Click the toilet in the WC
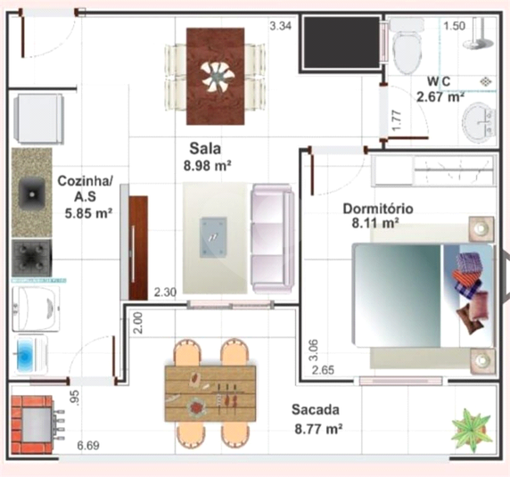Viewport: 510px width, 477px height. point(407,46)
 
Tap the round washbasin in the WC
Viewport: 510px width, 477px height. point(479,122)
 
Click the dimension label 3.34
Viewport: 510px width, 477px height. point(280,26)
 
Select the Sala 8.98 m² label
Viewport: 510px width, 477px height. point(207,157)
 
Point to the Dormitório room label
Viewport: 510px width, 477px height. point(378,209)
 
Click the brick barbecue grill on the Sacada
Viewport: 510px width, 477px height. point(32,424)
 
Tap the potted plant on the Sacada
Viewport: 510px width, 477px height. point(471,430)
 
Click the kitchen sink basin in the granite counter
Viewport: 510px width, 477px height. point(31,193)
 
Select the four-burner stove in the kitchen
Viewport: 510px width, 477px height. point(31,259)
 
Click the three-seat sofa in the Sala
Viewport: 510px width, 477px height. point(273,238)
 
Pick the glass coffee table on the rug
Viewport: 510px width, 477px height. point(213,237)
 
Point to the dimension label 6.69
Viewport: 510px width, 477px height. point(88,445)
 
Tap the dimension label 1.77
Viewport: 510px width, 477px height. point(397,120)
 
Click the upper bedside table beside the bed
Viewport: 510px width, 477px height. point(481,229)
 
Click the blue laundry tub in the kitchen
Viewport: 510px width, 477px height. point(25,355)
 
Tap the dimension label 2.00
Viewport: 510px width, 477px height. point(138,323)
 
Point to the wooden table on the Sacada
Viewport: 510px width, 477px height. point(210,393)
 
